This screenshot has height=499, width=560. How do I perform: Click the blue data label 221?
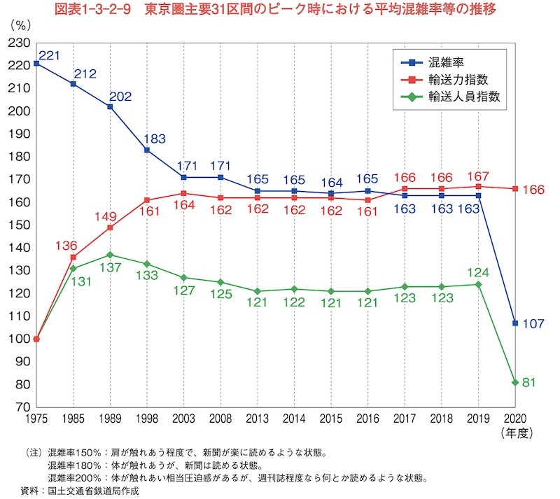point(49,55)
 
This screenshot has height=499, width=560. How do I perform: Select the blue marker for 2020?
point(515,323)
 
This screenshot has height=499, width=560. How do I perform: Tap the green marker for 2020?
point(515,382)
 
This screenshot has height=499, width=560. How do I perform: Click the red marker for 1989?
point(110,227)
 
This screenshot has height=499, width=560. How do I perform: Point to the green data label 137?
point(111,267)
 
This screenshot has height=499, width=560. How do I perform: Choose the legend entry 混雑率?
point(432,63)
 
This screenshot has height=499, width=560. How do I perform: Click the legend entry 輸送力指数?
point(444,80)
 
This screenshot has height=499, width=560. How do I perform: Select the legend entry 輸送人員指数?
point(450,97)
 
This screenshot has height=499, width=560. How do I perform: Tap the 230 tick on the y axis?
point(20,43)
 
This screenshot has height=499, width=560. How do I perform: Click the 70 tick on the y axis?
point(23,407)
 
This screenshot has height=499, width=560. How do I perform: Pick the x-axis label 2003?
point(183,419)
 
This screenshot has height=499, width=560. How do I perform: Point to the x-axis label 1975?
point(36,419)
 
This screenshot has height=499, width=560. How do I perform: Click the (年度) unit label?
point(517,433)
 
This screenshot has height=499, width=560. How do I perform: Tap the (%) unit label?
point(21,26)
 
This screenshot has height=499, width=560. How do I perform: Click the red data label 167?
point(478,176)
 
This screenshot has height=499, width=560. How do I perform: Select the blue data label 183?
point(155,139)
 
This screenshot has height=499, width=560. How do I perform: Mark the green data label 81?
point(529,383)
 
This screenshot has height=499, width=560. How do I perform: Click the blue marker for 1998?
point(147,150)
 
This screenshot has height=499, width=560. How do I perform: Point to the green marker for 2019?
point(478,284)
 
